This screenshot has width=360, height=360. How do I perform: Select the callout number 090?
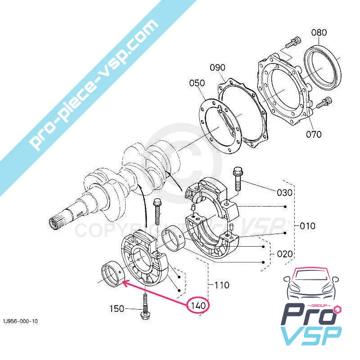tap(217, 67)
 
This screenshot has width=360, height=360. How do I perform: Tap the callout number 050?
tap(197, 83)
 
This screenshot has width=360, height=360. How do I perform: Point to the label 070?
tap(314, 134)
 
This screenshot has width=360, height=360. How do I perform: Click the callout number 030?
tap(284, 193)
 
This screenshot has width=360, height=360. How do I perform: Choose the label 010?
tap(308, 225)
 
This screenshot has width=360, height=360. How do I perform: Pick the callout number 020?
tap(284, 254)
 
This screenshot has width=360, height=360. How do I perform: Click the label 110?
tap(221, 285)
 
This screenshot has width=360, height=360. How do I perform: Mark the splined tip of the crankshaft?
tap(55, 222)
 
